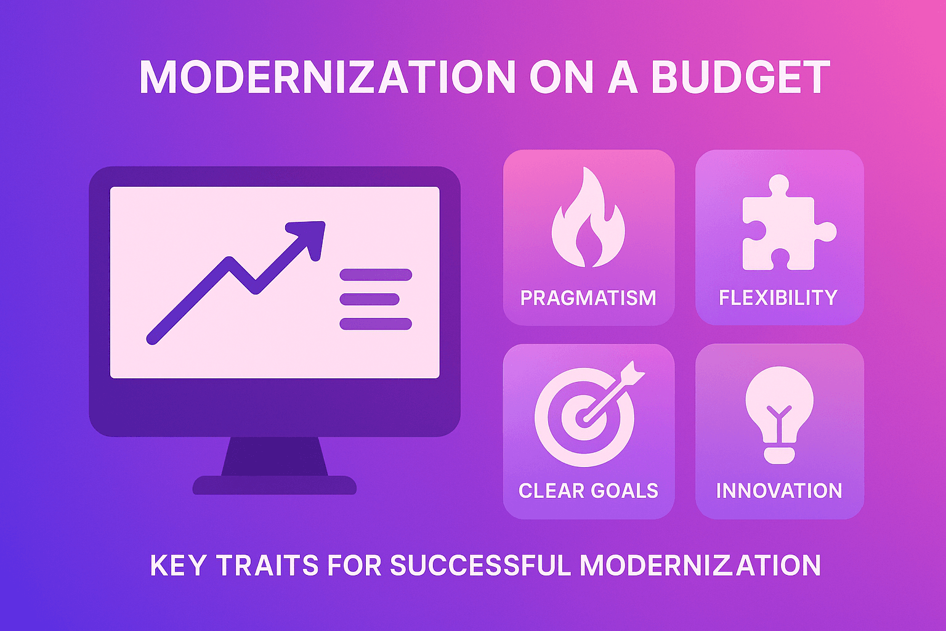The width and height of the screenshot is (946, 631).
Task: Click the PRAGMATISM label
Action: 588,298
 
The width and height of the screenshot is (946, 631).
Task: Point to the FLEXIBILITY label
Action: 778,298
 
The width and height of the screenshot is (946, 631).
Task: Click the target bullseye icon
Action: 584,418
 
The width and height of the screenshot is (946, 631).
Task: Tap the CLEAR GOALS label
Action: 588,491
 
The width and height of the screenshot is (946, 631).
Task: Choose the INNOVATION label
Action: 779,491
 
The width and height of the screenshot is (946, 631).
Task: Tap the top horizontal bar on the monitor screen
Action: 376,275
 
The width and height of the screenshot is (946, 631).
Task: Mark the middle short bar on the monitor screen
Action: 370,299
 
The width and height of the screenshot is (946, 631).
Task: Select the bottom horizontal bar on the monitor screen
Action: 376,324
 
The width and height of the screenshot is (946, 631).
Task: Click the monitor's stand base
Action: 275,486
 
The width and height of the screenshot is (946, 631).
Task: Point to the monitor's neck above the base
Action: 275,456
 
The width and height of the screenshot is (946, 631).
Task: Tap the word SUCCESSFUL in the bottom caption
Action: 480,566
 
